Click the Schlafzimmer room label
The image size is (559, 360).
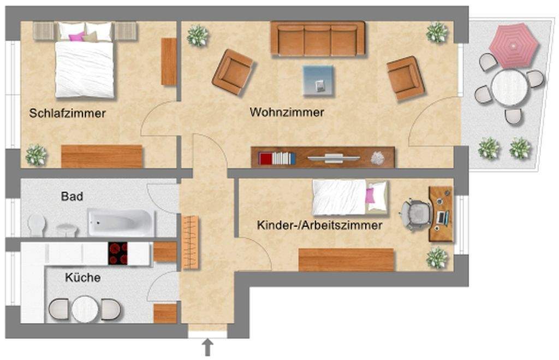pyautogui.click(x=67, y=114)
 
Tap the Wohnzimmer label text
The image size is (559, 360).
pyautogui.click(x=287, y=113)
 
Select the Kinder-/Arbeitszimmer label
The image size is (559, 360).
pyautogui.click(x=319, y=225)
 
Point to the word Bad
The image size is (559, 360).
pyautogui.click(x=72, y=196)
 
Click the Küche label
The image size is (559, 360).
pyautogui.click(x=82, y=278)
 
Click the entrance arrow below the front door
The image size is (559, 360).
pyautogui.click(x=207, y=347)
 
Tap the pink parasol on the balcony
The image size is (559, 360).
pyautogui.click(x=514, y=45)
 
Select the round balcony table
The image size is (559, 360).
pyautogui.click(x=509, y=87)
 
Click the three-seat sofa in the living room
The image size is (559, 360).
pyautogui.click(x=318, y=39)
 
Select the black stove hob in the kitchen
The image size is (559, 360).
pyautogui.click(x=117, y=253)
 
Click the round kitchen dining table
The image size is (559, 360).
pyautogui.click(x=85, y=309)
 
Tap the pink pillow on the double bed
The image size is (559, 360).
pyautogui.click(x=77, y=37)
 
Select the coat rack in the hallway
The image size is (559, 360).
pyautogui.click(x=191, y=242)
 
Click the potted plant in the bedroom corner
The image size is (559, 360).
pyautogui.click(x=36, y=155)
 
